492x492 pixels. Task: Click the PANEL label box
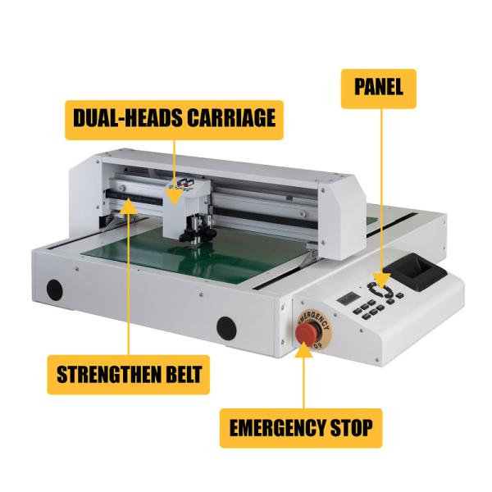378,89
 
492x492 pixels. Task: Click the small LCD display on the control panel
348,298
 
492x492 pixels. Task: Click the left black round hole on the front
54,289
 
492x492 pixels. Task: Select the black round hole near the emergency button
226,329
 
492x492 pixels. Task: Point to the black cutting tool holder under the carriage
198,230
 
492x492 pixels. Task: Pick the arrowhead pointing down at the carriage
174,199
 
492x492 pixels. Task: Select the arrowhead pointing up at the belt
129,206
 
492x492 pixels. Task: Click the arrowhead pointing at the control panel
382,280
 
